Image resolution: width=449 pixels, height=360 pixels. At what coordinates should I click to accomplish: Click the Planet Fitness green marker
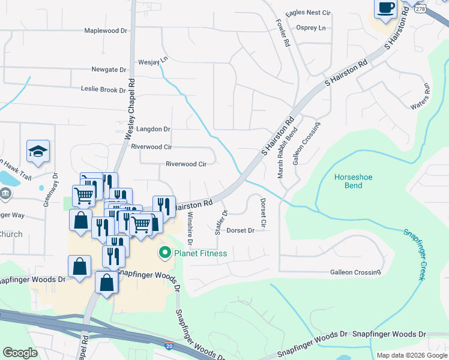tap(163, 253)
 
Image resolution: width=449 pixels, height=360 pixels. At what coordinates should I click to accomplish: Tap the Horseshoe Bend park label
tap(348, 181)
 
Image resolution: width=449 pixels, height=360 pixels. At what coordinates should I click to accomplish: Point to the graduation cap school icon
tap(38, 151)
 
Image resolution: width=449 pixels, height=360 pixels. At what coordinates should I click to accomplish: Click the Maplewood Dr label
tap(106, 31)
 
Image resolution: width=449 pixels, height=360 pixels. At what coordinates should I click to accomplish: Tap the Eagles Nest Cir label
tap(309, 13)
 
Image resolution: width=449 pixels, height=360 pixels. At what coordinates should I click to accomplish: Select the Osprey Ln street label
tap(311, 28)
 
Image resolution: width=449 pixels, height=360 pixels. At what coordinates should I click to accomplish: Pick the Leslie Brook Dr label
tap(103, 90)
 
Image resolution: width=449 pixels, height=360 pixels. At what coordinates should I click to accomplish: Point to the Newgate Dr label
tap(109, 70)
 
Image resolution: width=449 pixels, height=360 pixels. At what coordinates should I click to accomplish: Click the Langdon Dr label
tap(154, 129)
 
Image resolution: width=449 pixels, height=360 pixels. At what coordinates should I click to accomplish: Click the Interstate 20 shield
tap(170, 346)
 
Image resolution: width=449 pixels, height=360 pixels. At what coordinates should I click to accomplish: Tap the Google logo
tap(20, 353)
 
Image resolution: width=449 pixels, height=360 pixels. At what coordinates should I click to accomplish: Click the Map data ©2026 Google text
tap(411, 355)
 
